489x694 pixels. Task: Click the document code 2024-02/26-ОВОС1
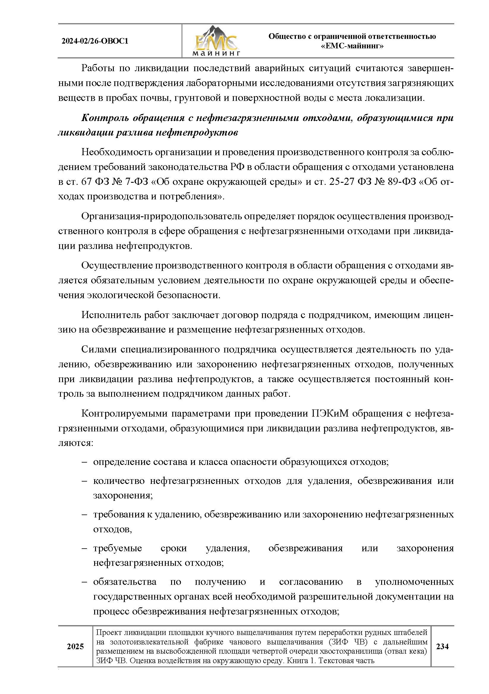click(95, 41)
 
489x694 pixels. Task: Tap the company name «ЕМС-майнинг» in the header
click(352, 46)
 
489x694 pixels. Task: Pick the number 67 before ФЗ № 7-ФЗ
click(88, 182)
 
